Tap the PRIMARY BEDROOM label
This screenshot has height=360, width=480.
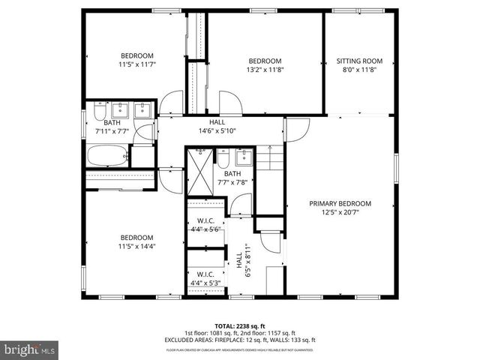tap(341, 203)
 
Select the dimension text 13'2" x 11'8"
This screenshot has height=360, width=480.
tap(265, 70)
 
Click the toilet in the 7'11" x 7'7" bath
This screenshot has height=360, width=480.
tap(99, 113)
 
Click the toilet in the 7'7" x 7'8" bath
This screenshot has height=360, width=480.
tap(223, 160)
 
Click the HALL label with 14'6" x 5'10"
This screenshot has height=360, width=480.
tap(217, 126)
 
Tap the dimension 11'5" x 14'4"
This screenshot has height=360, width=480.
tap(137, 246)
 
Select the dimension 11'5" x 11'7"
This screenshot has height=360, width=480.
tap(137, 64)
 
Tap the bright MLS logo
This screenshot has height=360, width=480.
tap(30, 349)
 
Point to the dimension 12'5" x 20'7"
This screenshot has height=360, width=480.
tap(341, 212)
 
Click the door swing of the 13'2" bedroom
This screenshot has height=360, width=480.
tap(228, 103)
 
